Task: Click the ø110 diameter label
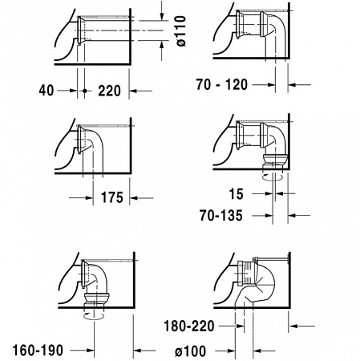(x=181, y=30)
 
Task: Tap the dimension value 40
(x=47, y=91)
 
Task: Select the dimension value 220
(x=109, y=91)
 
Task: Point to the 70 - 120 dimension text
(x=222, y=84)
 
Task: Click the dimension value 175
(x=112, y=198)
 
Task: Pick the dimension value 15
(x=237, y=193)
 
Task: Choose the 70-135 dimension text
(x=221, y=216)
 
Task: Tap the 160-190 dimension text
(x=38, y=350)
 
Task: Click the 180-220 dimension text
(x=189, y=327)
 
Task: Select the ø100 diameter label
(x=191, y=351)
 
